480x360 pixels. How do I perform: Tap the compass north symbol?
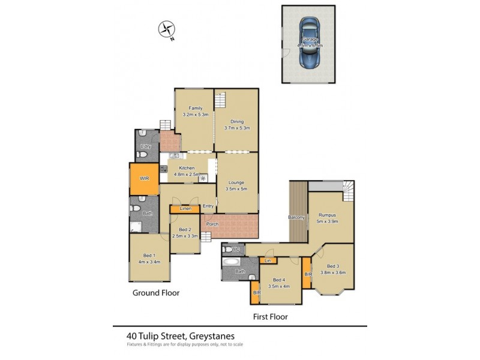[x=166, y=29]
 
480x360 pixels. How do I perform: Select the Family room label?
[x=195, y=108]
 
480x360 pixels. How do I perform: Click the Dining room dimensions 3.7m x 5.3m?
[x=236, y=128]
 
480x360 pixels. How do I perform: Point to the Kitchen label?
[x=186, y=168]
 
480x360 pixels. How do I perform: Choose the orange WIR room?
[x=144, y=179]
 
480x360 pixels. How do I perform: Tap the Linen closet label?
[x=185, y=209]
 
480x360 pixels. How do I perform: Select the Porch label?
[x=212, y=225]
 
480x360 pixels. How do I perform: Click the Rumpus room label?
[x=327, y=215]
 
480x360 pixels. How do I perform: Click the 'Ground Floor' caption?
[x=156, y=293]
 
